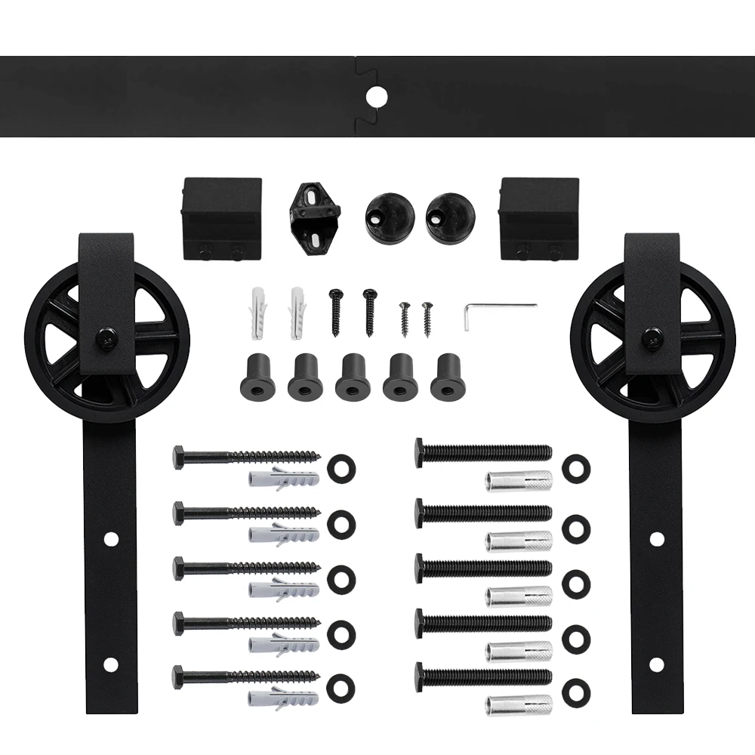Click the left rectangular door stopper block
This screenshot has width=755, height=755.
222,218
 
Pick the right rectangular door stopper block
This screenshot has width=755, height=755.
539,218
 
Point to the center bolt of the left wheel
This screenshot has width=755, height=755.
105,339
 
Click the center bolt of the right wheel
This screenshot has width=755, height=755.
649,339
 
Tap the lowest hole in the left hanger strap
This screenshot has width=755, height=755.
110,665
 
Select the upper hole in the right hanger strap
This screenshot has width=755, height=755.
656,539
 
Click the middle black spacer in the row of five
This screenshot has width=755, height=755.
353,376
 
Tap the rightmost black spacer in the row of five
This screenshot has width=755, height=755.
448,376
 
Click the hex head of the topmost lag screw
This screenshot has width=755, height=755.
179,458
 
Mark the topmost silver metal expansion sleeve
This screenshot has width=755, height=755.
519,480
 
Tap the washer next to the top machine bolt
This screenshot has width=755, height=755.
576,468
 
